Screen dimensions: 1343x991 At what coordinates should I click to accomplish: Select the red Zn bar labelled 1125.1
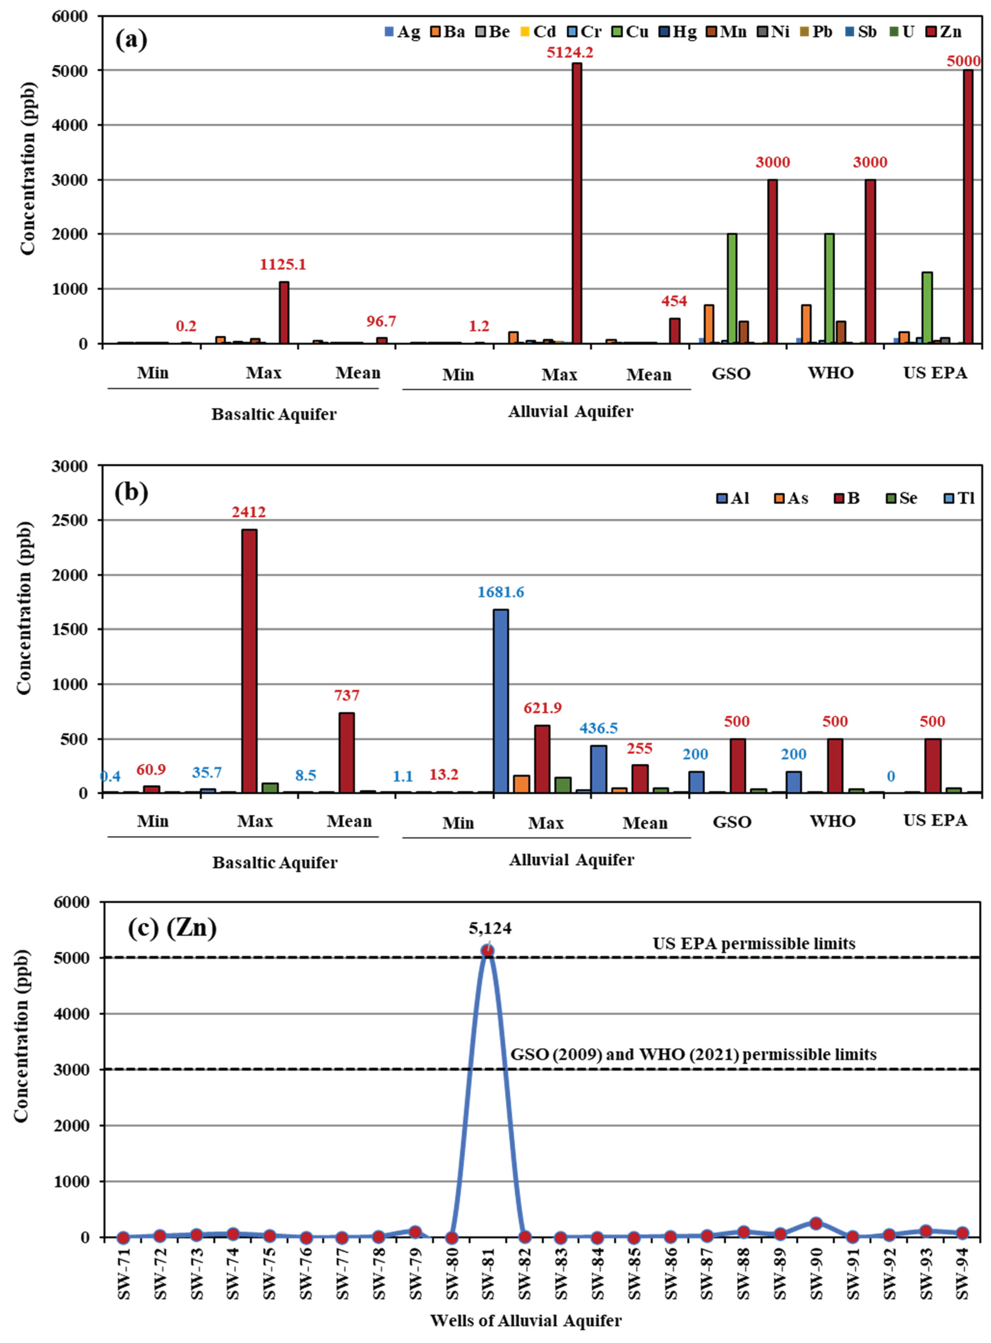click(x=284, y=312)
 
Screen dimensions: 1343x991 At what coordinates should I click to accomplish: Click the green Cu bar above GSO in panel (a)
click(x=732, y=288)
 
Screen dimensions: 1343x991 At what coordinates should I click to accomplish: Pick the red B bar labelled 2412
click(x=250, y=660)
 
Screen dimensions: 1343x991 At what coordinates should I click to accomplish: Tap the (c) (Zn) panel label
click(x=172, y=928)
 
